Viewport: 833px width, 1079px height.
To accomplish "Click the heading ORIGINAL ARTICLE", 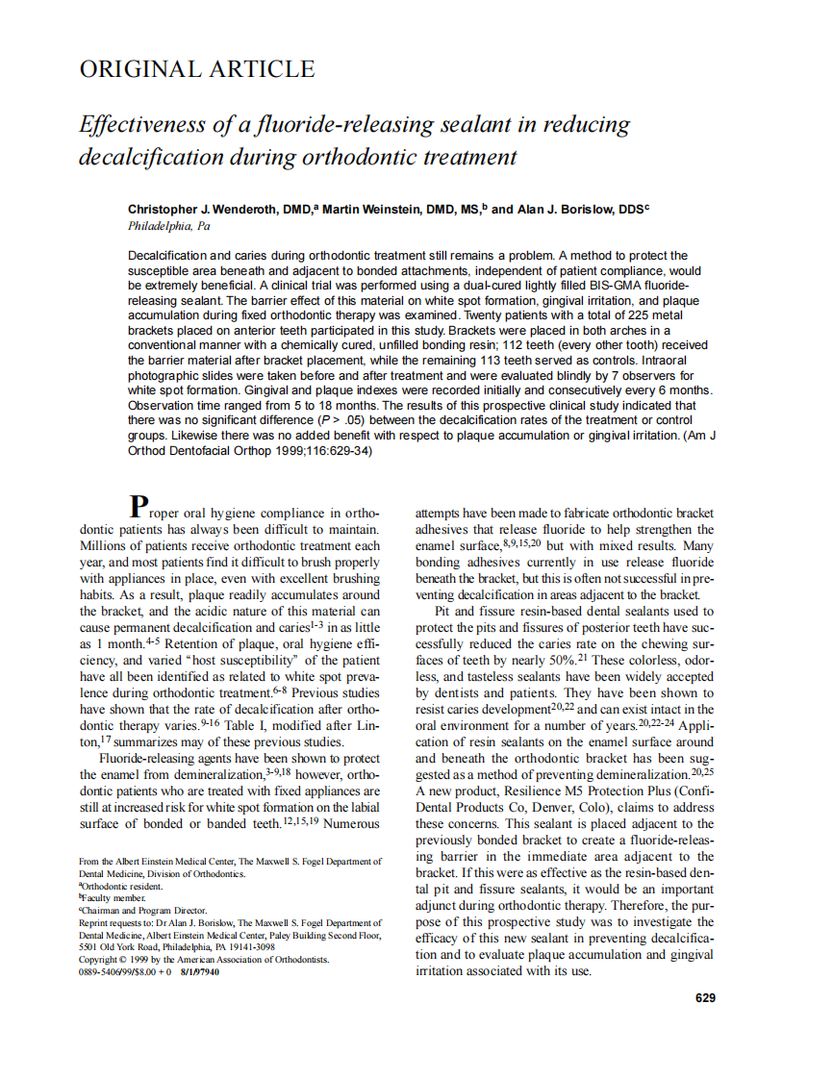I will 196,69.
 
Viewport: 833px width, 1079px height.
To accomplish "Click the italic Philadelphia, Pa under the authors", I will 168,226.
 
